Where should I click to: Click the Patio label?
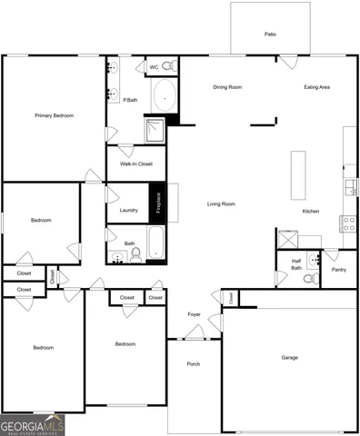[x=270, y=35]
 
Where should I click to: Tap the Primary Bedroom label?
[x=54, y=115]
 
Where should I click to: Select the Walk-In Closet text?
[x=135, y=164]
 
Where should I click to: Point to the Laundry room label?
[x=128, y=211]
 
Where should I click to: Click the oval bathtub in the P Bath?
[x=165, y=95]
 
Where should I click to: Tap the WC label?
[x=154, y=67]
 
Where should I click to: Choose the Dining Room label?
[x=227, y=87]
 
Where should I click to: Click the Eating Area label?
[x=316, y=87]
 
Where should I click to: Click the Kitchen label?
[x=311, y=212]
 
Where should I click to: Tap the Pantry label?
[x=339, y=270]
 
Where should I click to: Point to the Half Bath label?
[x=296, y=264]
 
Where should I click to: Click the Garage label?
[x=289, y=357]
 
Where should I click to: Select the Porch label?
[x=193, y=364]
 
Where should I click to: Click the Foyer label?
[x=194, y=314]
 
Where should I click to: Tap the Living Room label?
[x=221, y=203]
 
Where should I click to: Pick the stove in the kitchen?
[x=347, y=223]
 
